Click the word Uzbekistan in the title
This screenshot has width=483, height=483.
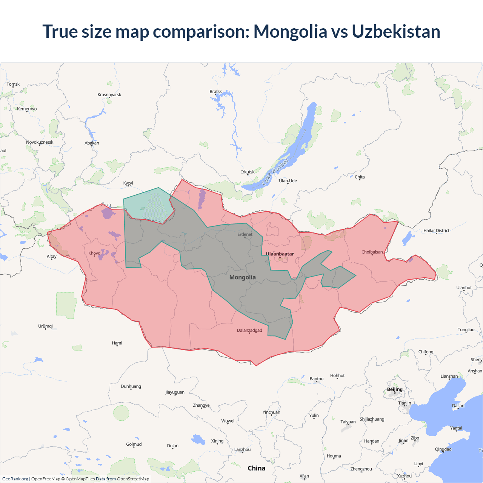pyautogui.click(x=396, y=31)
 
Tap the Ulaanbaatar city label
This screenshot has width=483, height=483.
pyautogui.click(x=280, y=254)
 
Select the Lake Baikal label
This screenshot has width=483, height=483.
pyautogui.click(x=275, y=172)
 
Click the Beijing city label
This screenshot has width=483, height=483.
pyautogui.click(x=395, y=389)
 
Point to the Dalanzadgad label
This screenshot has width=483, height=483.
pyautogui.click(x=249, y=331)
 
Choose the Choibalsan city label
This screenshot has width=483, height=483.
pyautogui.click(x=372, y=252)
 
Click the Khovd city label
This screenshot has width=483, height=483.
pyautogui.click(x=94, y=253)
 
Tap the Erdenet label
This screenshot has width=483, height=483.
pyautogui.click(x=245, y=234)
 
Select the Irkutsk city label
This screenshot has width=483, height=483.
pyautogui.click(x=248, y=172)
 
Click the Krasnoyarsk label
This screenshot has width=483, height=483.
pyautogui.click(x=109, y=95)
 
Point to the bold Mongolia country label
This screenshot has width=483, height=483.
pyautogui.click(x=242, y=277)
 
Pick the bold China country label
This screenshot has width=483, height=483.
pyautogui.click(x=256, y=468)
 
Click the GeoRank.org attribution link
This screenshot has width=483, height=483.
pyautogui.click(x=15, y=479)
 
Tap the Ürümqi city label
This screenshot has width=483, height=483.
pyautogui.click(x=45, y=326)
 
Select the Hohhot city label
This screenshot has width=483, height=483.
pyautogui.click(x=337, y=375)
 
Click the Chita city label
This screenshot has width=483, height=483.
pyautogui.click(x=360, y=177)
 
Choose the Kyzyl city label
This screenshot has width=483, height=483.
pyautogui.click(x=128, y=183)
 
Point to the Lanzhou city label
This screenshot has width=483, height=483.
pyautogui.click(x=242, y=449)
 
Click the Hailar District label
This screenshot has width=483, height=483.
pyautogui.click(x=436, y=231)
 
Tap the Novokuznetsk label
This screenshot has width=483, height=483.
pyautogui.click(x=40, y=142)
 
